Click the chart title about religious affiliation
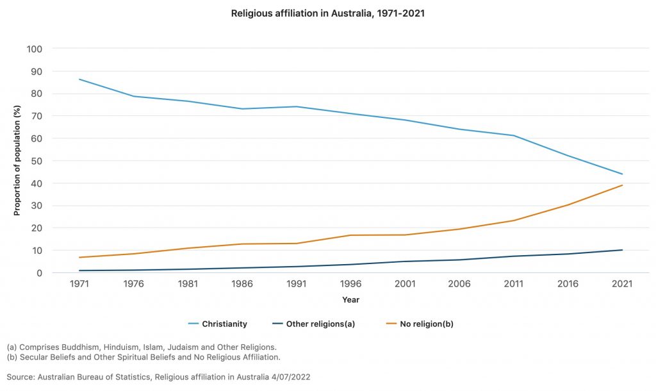coord(327,13)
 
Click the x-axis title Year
coord(350,299)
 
